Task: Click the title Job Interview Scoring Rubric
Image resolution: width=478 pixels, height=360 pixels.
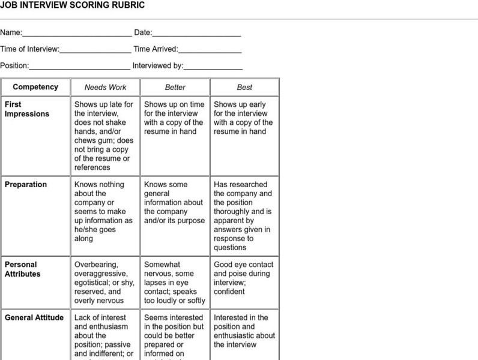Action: click(72, 5)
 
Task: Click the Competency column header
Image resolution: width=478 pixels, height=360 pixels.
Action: click(35, 87)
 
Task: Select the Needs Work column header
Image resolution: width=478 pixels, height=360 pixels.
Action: click(105, 88)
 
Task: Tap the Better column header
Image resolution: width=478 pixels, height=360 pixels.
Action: click(175, 88)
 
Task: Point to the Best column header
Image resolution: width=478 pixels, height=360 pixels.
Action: click(244, 88)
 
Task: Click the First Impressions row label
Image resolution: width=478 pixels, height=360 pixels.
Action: click(27, 109)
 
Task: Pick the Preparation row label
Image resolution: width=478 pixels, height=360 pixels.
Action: click(26, 185)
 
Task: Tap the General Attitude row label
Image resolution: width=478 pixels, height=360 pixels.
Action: click(34, 318)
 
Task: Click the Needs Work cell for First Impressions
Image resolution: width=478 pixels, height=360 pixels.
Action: click(104, 136)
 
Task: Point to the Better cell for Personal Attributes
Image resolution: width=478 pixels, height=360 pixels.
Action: click(175, 283)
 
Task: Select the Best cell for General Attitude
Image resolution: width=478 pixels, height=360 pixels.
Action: click(244, 331)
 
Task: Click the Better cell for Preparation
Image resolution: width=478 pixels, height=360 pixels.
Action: click(175, 203)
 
